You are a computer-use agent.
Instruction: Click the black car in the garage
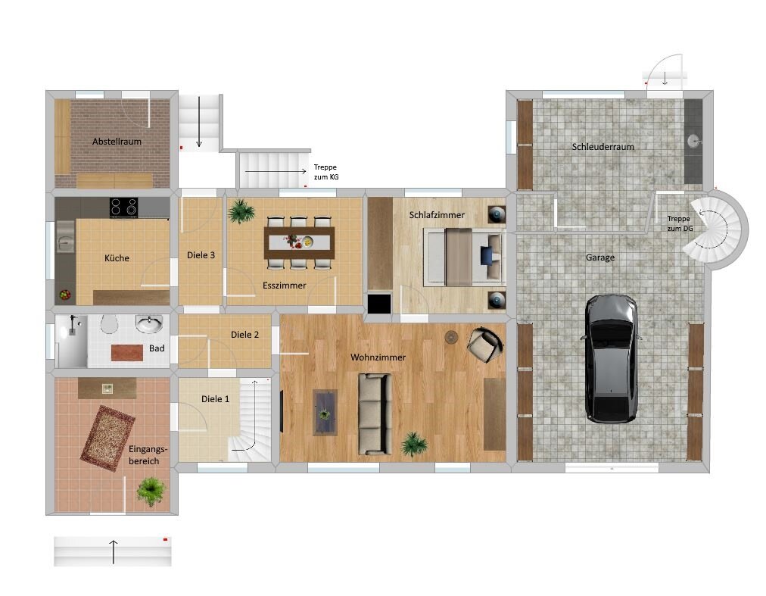(x=612, y=358)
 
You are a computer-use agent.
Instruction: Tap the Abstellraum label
(x=117, y=142)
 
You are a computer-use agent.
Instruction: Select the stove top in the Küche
(x=123, y=206)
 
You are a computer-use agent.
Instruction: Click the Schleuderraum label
(x=603, y=147)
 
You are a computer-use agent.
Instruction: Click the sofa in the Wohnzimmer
(x=374, y=413)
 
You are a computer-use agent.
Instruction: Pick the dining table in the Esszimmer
(x=299, y=242)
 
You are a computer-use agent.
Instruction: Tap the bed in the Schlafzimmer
(x=462, y=257)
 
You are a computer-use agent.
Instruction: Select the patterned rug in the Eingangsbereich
(x=107, y=438)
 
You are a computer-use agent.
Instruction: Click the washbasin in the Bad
(x=148, y=324)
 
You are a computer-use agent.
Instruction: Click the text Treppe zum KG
(x=325, y=172)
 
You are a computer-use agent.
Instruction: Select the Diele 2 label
(x=245, y=335)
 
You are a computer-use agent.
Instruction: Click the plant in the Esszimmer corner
(x=241, y=211)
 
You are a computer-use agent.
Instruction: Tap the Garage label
(x=600, y=257)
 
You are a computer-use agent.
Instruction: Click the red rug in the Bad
(x=126, y=352)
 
